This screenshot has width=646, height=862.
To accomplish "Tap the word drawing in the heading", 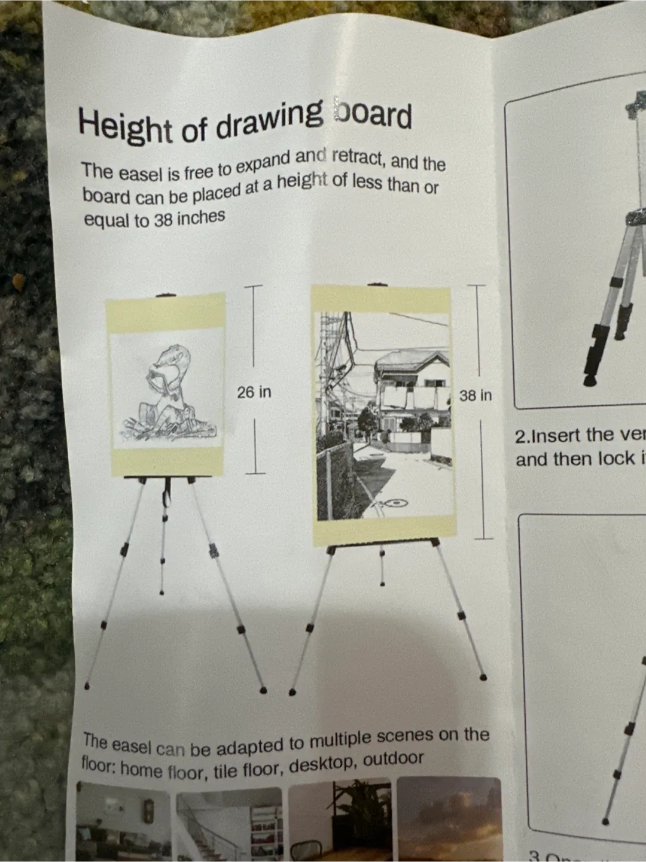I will click(x=269, y=119).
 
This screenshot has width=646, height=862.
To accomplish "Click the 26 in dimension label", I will click(x=254, y=392).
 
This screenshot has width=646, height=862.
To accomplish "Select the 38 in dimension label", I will click(x=476, y=396).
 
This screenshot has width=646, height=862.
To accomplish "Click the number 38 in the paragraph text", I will click(x=163, y=220).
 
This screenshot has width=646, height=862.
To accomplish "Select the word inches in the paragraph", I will click(x=201, y=217).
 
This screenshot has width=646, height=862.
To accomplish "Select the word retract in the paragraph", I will click(x=356, y=157).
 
